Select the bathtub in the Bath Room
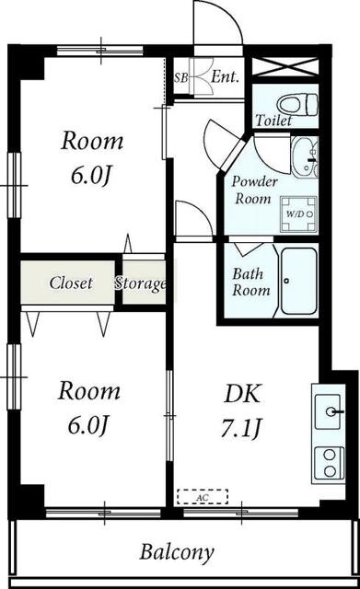[299, 280]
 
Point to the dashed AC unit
[203, 496]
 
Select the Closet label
[71, 283]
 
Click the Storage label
[141, 283]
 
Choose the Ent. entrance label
[225, 78]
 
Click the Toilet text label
[274, 121]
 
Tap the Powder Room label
[255, 189]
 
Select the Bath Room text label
[251, 282]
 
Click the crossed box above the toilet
[285, 71]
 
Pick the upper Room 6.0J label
[91, 157]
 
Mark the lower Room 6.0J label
[89, 407]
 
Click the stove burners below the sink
[328, 461]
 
